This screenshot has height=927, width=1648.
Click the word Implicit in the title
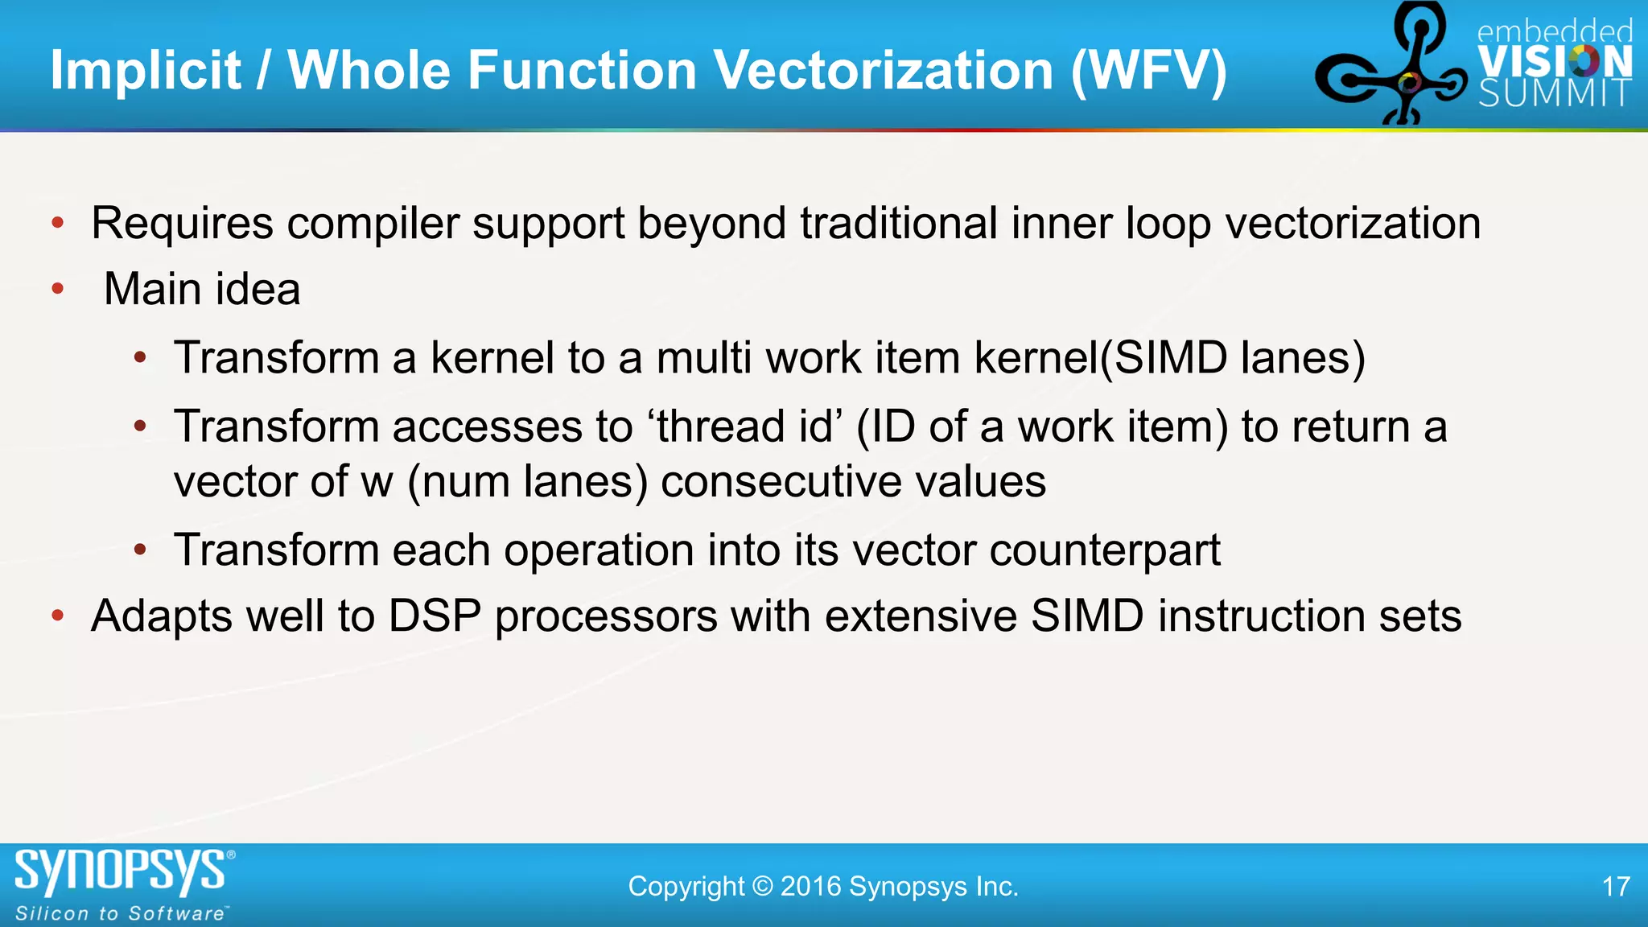point(146,71)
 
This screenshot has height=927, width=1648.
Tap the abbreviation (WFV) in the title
point(1148,71)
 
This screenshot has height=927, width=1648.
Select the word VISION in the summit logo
point(1555,62)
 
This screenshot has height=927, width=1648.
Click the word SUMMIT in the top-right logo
point(1555,94)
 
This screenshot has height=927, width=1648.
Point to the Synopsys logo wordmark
point(121,872)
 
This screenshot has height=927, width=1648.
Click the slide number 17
point(1616,887)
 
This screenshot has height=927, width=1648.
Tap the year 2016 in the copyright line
point(811,887)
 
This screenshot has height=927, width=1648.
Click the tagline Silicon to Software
point(121,914)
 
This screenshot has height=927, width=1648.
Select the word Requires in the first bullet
point(182,224)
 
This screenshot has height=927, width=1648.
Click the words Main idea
point(202,290)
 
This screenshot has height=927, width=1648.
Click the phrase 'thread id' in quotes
point(745,426)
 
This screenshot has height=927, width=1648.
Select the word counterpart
point(1105,551)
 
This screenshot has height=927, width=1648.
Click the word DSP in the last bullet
point(435,617)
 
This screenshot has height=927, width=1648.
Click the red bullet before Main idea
point(58,289)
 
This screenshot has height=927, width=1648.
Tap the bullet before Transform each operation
point(141,550)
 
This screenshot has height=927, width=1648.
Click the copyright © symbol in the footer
point(762,887)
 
